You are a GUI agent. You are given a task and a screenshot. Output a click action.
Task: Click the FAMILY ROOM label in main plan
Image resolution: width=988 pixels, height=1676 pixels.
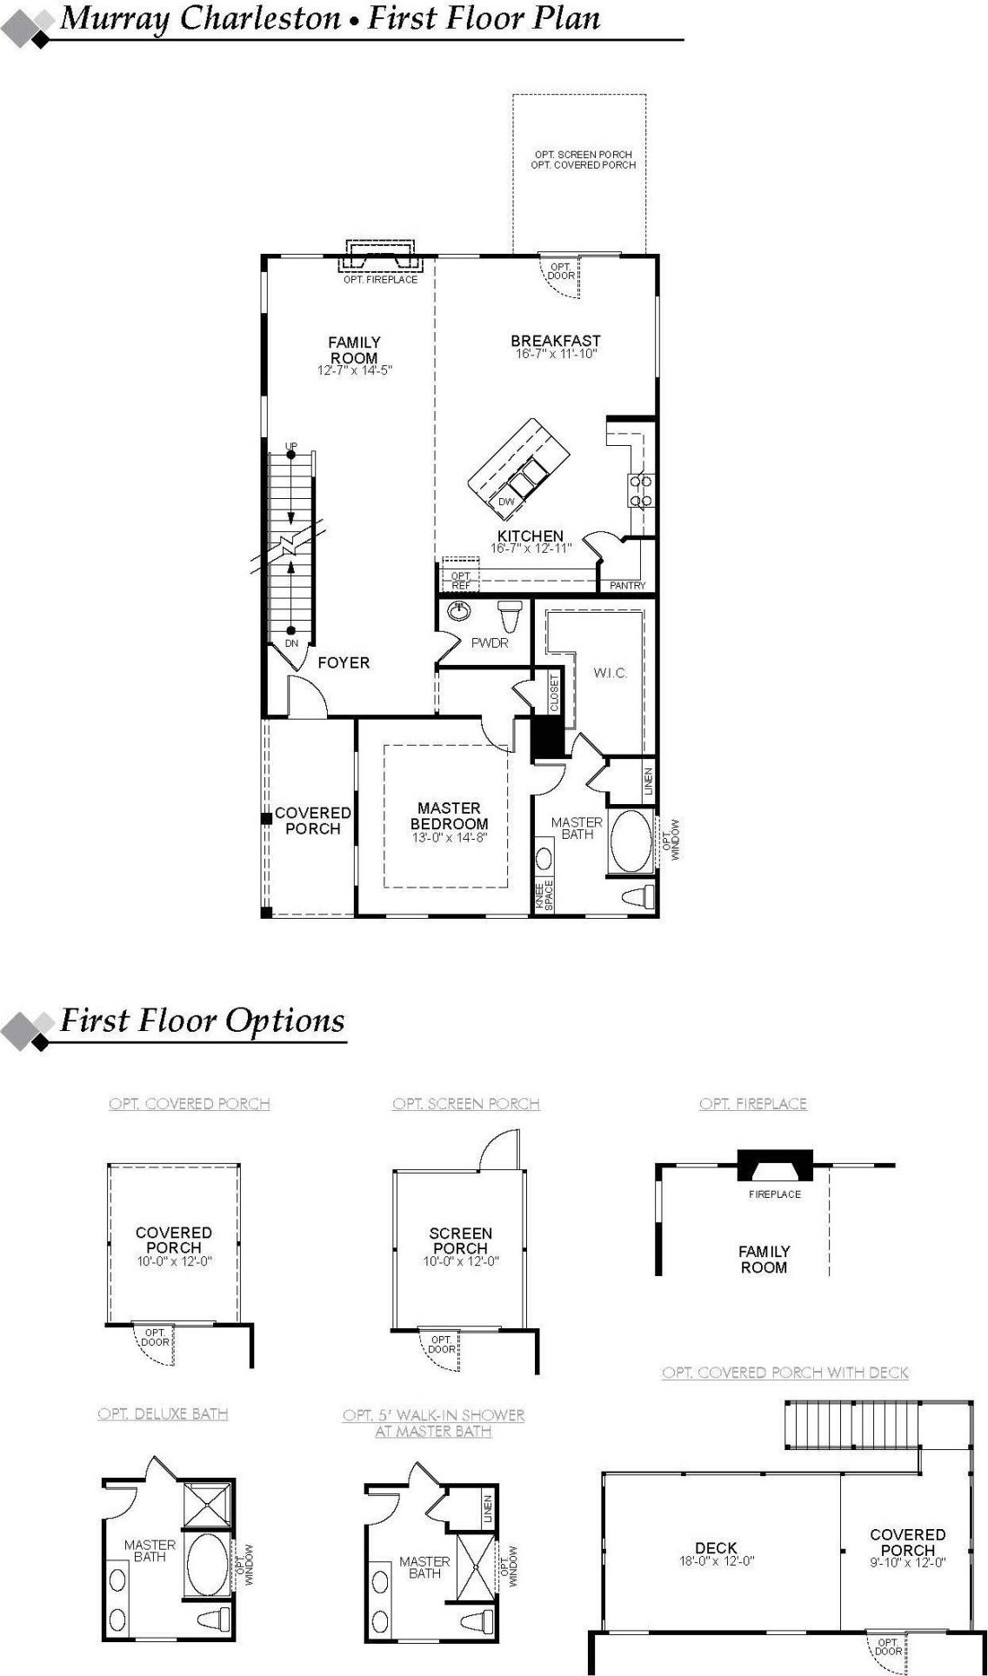(x=354, y=350)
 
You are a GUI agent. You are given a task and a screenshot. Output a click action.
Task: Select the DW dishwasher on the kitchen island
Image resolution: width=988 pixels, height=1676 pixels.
(x=506, y=502)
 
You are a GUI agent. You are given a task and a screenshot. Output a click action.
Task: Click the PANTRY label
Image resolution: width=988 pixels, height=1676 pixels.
(x=627, y=586)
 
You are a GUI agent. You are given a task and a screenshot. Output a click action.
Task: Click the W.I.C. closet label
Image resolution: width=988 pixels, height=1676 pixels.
(x=610, y=673)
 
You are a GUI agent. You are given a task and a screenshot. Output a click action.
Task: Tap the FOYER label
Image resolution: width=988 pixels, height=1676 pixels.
(x=344, y=663)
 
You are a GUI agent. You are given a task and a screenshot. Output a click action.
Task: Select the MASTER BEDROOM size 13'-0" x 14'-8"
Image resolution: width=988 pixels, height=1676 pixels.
(x=450, y=838)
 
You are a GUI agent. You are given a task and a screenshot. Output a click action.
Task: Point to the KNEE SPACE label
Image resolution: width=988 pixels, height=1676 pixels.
(x=543, y=895)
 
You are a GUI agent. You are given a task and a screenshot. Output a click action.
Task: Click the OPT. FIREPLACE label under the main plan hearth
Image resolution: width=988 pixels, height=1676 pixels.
(x=380, y=280)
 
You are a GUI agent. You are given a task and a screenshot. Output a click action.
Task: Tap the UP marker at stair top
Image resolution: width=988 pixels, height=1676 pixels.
(x=291, y=447)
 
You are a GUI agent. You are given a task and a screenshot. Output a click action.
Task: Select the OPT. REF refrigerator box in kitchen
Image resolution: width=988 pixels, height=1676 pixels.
(x=460, y=580)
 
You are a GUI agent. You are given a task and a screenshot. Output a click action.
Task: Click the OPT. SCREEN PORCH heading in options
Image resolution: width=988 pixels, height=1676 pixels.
(x=466, y=1104)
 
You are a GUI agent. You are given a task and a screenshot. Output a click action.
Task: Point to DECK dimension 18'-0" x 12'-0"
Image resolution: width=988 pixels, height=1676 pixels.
(x=716, y=1561)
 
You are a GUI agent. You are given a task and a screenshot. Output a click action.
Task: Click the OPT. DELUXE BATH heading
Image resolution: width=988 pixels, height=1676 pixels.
(x=163, y=1414)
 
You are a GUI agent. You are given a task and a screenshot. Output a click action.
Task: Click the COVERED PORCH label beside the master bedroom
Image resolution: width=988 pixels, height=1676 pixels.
(x=312, y=821)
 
